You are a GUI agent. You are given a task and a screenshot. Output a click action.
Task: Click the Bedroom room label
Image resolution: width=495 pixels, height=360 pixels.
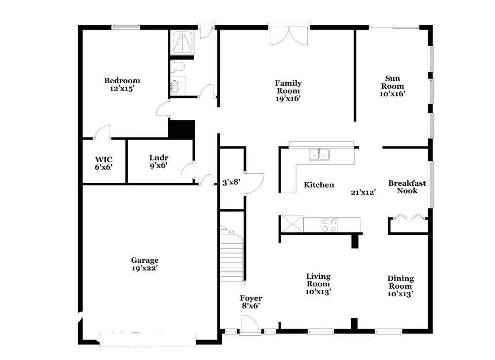(122, 81)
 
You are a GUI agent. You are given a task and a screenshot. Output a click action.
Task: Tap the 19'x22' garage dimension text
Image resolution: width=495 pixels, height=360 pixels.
(145, 268)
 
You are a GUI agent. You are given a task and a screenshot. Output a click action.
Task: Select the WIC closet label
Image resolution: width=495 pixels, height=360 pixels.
(103, 159)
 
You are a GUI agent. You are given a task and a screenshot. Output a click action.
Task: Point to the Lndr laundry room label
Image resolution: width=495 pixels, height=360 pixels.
(159, 157)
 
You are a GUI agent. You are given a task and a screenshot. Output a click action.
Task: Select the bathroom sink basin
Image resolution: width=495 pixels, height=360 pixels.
(175, 86)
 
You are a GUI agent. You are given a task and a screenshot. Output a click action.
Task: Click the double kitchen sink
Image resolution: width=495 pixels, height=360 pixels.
(319, 154)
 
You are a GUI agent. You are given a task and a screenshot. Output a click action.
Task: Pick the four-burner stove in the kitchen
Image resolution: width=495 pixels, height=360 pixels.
(329, 225)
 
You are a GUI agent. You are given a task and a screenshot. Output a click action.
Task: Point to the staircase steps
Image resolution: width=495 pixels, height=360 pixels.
(231, 255)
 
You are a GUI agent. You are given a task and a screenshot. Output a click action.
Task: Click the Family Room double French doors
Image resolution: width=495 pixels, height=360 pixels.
(289, 35)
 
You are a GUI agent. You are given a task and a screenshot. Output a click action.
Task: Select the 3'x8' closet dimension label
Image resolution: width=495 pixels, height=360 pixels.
(231, 182)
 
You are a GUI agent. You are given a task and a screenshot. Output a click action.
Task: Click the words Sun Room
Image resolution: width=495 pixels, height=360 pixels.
(393, 82)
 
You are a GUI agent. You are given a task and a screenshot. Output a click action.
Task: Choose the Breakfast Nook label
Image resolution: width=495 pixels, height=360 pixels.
(407, 187)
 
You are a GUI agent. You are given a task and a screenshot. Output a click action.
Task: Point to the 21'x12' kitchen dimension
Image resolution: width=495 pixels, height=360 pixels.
(363, 192)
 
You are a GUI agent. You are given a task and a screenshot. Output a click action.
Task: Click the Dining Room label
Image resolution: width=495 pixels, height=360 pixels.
(400, 282)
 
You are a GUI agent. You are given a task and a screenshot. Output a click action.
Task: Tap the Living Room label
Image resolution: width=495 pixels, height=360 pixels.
(318, 280)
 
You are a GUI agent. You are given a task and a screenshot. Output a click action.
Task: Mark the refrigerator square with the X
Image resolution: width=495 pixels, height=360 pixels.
(292, 224)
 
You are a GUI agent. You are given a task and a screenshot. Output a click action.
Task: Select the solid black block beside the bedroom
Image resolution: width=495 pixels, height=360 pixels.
(182, 129)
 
